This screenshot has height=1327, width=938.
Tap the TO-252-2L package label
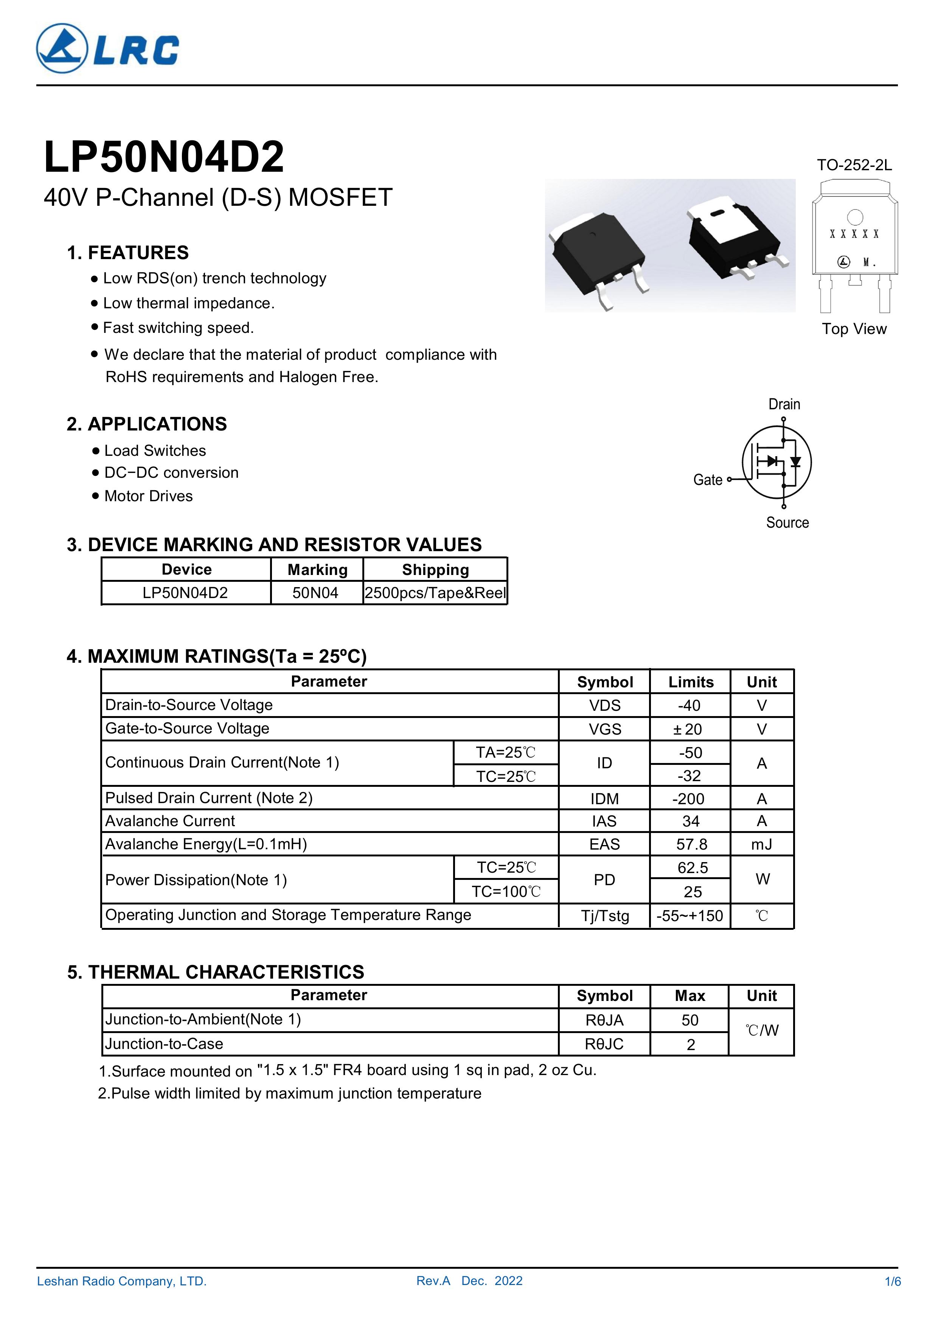click(x=854, y=165)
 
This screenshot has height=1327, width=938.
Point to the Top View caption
click(x=854, y=329)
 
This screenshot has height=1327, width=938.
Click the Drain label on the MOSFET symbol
click(x=784, y=404)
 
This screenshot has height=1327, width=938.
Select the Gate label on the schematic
click(x=707, y=480)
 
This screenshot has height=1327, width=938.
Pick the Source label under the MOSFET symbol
click(x=787, y=522)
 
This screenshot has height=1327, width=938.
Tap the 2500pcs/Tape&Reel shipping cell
click(x=435, y=593)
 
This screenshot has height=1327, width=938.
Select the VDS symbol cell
click(x=604, y=706)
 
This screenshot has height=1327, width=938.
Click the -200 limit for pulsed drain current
click(x=690, y=799)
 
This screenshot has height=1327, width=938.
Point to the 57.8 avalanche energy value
click(x=691, y=844)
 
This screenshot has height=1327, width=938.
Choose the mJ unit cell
click(x=762, y=844)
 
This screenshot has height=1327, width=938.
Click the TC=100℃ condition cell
click(x=506, y=892)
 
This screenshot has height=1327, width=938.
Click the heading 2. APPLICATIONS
click(x=147, y=424)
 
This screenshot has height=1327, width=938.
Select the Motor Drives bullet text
click(x=149, y=496)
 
